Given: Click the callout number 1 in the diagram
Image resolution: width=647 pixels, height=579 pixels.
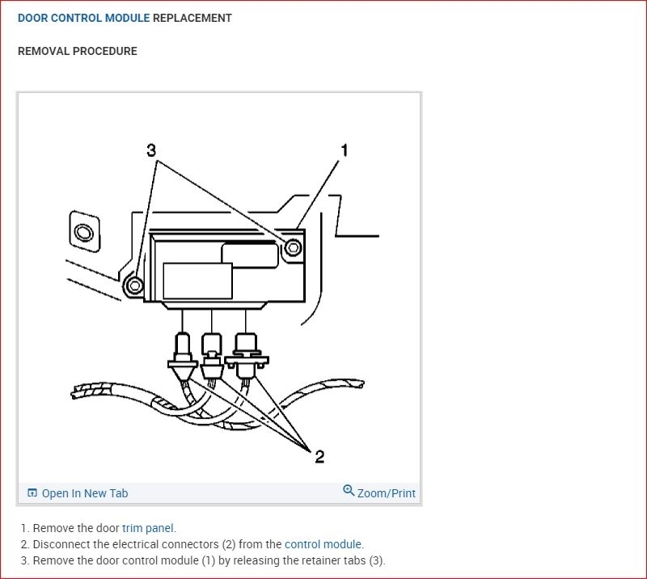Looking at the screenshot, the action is click(344, 150).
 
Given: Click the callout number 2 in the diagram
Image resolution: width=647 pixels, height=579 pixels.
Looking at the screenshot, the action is click(319, 457).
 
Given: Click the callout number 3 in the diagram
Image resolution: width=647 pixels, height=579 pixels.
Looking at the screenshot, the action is click(151, 150).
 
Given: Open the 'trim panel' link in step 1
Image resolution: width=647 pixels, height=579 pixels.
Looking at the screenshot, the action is click(148, 528).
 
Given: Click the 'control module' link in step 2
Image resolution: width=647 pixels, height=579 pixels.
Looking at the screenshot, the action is click(323, 544).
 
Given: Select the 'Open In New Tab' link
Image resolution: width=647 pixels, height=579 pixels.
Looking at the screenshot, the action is click(84, 493).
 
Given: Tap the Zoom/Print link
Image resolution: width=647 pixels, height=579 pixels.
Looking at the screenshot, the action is click(386, 492).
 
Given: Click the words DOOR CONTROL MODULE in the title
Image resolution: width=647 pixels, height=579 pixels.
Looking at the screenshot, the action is click(83, 18).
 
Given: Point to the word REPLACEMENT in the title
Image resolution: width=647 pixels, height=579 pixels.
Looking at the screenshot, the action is click(192, 18).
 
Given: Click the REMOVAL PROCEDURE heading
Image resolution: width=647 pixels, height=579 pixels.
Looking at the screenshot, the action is click(78, 51).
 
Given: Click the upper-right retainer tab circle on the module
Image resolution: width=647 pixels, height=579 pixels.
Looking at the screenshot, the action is click(294, 247).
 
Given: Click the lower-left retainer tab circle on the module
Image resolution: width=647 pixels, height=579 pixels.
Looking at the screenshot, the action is click(135, 285).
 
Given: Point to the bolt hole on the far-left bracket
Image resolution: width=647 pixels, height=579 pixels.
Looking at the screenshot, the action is click(83, 235).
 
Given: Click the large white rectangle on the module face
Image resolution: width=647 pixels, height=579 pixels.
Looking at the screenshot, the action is click(197, 281).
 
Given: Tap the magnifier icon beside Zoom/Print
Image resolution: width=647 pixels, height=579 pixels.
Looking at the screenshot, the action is click(349, 491).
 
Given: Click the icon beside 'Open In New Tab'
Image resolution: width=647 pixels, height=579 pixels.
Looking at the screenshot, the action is click(32, 493).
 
